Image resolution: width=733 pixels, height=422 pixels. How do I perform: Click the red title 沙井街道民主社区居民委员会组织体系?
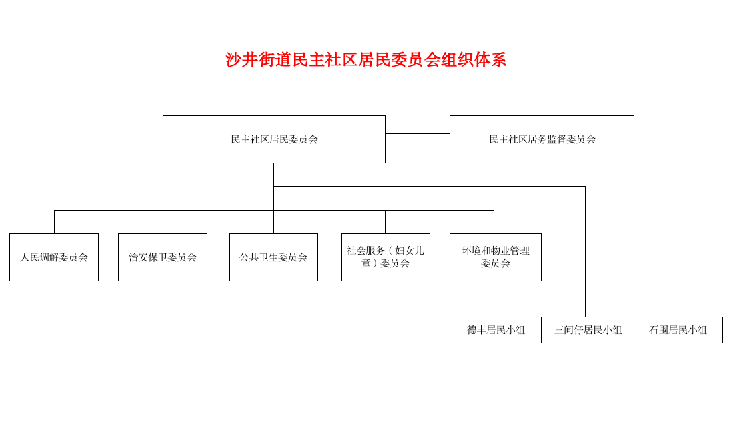[x=366, y=60]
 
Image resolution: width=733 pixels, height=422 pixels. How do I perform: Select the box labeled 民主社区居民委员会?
[x=274, y=139]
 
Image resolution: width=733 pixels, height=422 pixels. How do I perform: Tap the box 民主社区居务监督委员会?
[x=542, y=139]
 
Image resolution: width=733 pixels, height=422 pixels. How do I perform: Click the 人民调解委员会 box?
[x=54, y=257]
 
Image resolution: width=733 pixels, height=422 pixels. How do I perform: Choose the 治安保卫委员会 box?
[x=163, y=257]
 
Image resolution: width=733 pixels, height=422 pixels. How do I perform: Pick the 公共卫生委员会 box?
[x=273, y=257]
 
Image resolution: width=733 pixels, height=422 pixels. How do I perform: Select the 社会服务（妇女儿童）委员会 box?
[x=385, y=257]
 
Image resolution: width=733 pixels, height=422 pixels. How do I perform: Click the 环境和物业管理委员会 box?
[x=495, y=257]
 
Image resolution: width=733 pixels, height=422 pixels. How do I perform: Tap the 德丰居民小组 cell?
[x=496, y=330]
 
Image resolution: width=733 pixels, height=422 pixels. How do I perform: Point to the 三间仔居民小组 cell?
[x=588, y=330]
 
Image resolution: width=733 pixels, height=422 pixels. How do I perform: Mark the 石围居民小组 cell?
[x=678, y=330]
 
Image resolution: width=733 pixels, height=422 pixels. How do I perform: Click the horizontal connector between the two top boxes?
[x=418, y=134]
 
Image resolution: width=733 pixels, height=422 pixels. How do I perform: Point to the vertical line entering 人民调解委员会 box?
[x=54, y=222]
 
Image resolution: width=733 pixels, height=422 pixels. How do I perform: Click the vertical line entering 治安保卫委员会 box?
[x=163, y=222]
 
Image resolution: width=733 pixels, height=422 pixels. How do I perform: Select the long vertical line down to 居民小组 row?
[x=585, y=253]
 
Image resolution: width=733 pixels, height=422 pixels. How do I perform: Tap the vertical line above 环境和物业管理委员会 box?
[x=494, y=222]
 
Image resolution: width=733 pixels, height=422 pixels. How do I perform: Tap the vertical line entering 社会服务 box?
[x=385, y=222]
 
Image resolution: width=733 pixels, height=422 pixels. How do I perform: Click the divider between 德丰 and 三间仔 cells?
[x=541, y=330]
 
